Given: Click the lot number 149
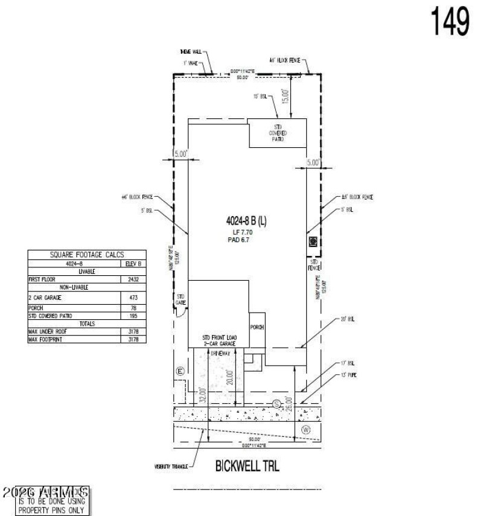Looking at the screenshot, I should click(450, 22).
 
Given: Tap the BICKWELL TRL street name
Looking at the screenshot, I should click(248, 466).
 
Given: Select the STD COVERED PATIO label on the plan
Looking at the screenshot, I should click(277, 133).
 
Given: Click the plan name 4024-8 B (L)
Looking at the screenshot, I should click(242, 221).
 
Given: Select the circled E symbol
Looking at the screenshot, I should click(179, 371).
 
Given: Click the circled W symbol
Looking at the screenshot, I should click(305, 430).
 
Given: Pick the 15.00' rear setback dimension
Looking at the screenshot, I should click(286, 96).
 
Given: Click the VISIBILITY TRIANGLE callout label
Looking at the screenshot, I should click(171, 467).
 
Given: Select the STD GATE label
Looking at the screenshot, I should click(180, 298).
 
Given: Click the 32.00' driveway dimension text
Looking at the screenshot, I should click(203, 395).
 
